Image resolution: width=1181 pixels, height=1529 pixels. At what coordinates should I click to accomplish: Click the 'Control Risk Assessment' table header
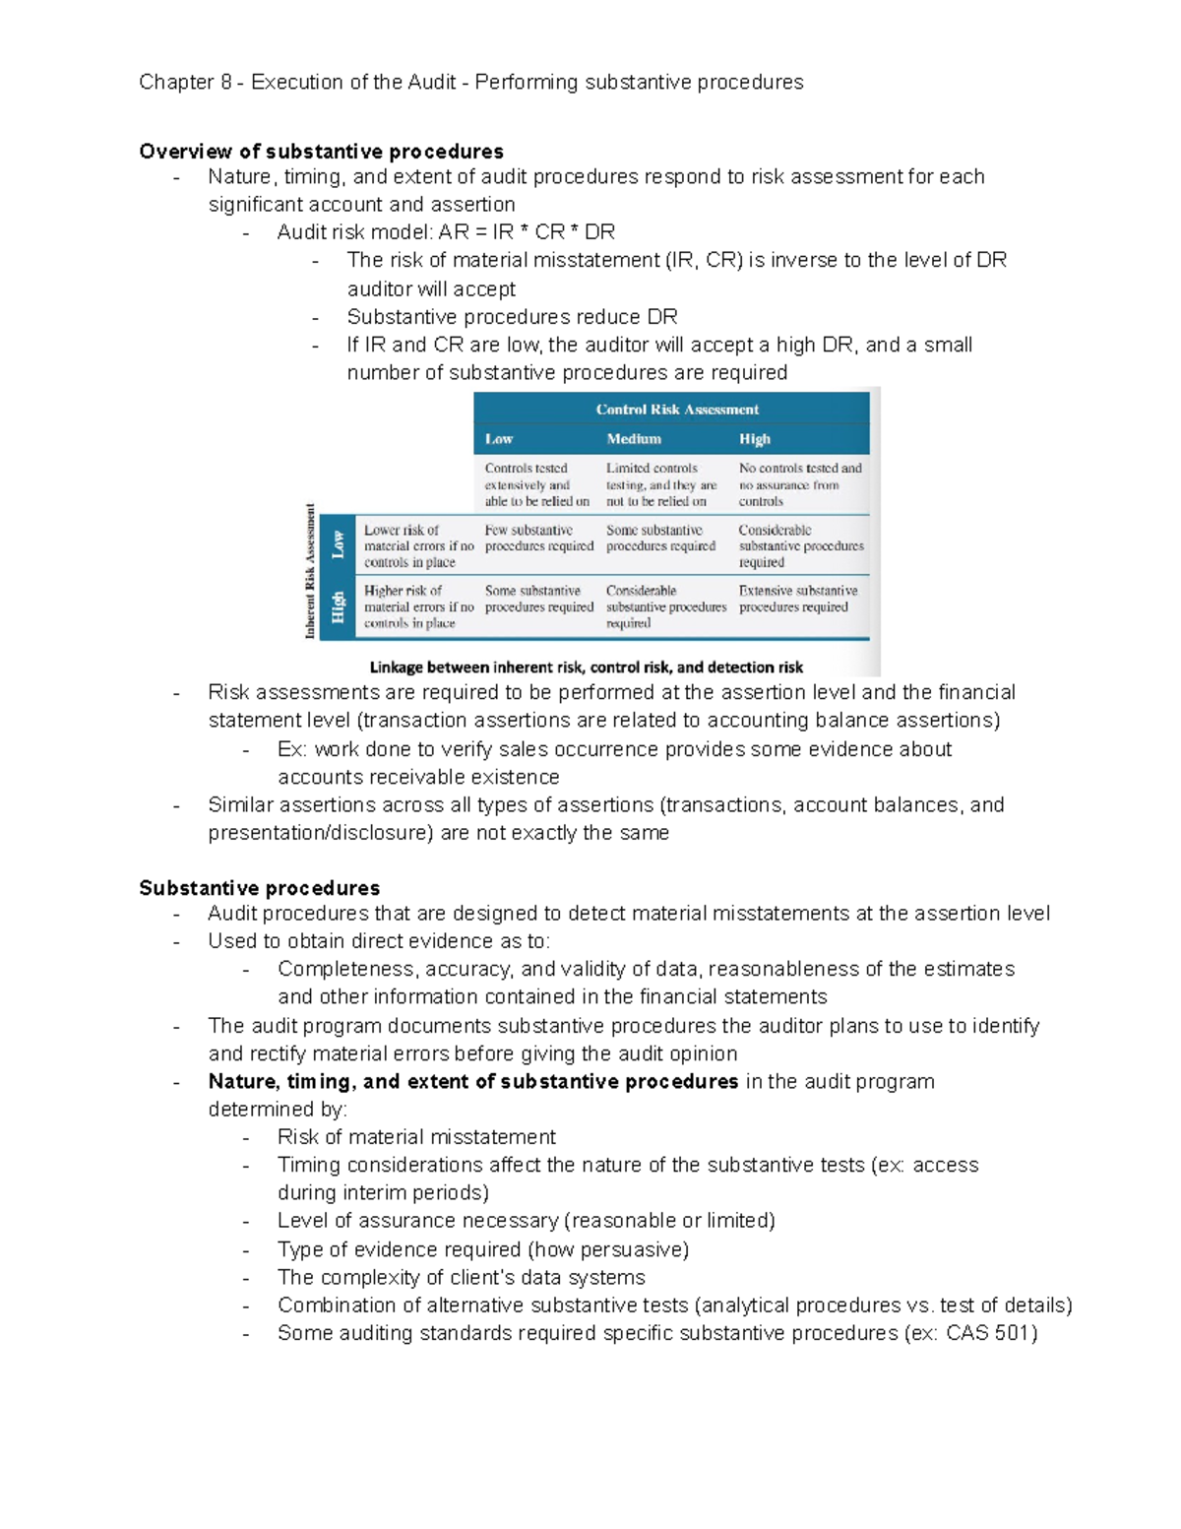click(677, 410)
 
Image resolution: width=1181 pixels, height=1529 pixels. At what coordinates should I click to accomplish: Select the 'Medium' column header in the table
click(634, 439)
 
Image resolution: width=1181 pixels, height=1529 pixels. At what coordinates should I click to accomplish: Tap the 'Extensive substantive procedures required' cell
click(798, 599)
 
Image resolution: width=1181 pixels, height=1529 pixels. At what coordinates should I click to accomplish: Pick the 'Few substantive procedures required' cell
click(538, 538)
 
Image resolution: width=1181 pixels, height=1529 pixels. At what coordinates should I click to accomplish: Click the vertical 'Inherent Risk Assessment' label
click(311, 571)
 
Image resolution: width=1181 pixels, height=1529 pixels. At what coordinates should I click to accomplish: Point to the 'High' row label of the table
click(339, 606)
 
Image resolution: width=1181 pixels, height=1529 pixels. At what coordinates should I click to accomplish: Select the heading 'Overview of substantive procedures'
click(321, 151)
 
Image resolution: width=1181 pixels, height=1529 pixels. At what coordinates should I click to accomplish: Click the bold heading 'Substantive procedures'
click(259, 888)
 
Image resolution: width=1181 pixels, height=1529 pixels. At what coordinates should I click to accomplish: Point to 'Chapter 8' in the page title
click(185, 82)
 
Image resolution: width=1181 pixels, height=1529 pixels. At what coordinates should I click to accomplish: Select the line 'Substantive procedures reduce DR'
click(512, 317)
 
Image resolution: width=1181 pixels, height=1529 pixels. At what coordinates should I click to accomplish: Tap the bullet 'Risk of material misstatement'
click(416, 1137)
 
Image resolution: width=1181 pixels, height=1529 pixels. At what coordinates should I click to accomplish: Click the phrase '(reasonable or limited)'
click(669, 1221)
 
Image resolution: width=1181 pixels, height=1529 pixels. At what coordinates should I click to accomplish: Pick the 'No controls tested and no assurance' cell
click(800, 484)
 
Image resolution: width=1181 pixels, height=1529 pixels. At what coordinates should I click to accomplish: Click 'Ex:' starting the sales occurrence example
click(292, 749)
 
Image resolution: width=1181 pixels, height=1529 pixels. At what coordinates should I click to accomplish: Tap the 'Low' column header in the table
click(499, 439)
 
